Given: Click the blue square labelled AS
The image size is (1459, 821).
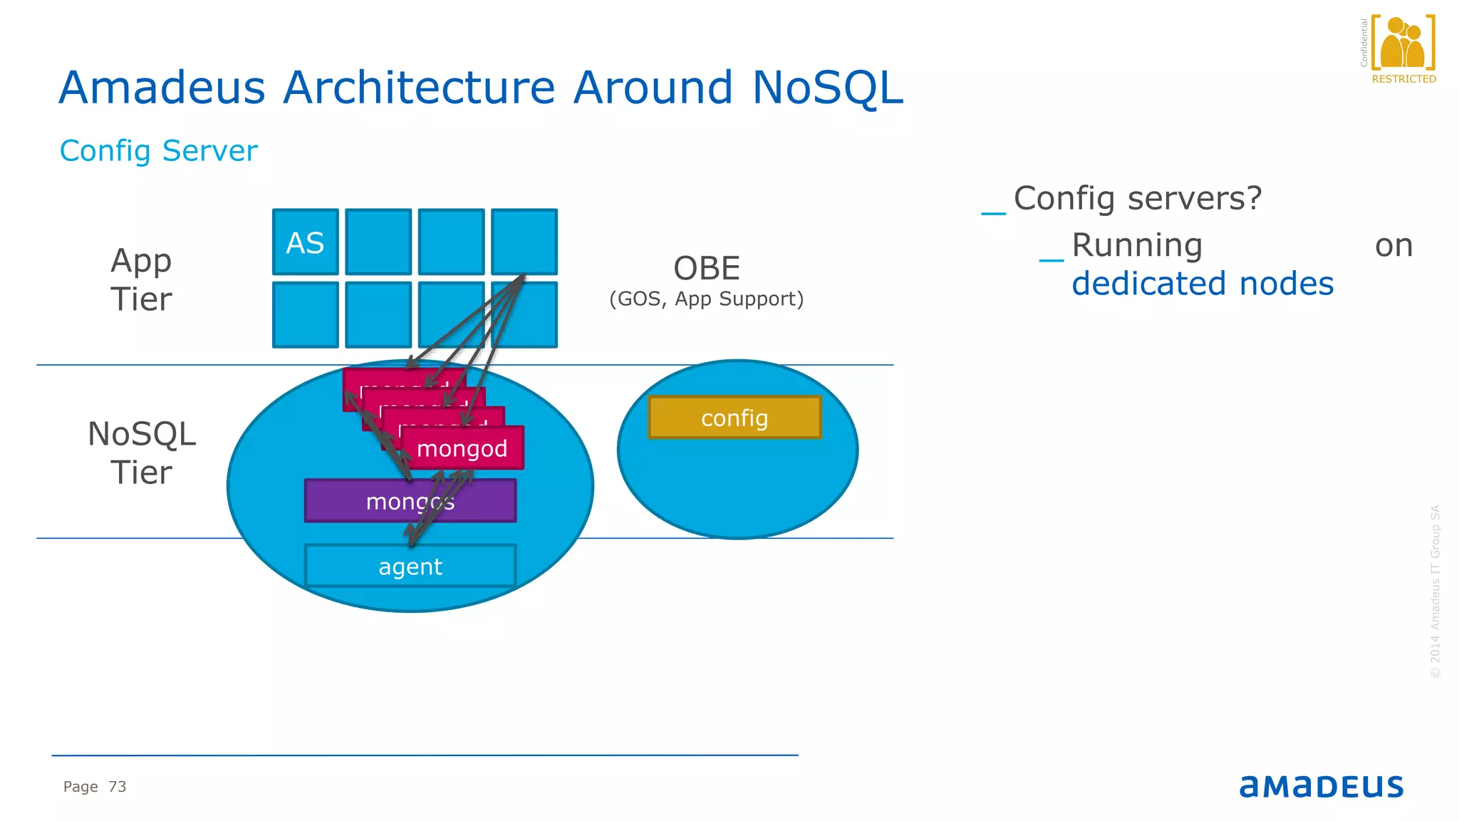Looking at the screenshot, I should coord(305,242).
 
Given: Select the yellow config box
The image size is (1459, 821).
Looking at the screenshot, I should coord(734,418).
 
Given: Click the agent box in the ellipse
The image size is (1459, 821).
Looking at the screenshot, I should coord(410,567).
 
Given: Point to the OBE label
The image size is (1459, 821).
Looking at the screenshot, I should coord(707,269).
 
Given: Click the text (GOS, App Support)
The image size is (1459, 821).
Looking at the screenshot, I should coord(706,299).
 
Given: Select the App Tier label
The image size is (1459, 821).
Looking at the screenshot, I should coord(141,279).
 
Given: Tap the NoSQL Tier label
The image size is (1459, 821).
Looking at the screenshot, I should coord(141,453).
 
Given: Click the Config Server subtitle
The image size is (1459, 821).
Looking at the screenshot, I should coord(158,151).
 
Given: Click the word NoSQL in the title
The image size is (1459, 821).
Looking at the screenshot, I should coord(827,88).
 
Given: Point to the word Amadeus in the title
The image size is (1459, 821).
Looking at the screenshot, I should coord(162,88).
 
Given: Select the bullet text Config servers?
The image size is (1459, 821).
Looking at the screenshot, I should coord(1137,198).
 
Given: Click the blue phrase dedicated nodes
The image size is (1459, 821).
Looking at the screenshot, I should coord(1202,284).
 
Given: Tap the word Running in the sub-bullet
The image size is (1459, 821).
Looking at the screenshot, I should coord(1137,245).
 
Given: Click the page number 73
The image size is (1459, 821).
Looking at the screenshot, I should coord(117,787).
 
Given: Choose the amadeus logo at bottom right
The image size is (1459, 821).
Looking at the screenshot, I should coord(1321,786).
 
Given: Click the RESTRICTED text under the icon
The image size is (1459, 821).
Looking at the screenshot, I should coord(1403,79).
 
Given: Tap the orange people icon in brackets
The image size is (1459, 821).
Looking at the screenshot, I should coord(1402,43).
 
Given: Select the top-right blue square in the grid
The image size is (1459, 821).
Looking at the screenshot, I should coord(524,241).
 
